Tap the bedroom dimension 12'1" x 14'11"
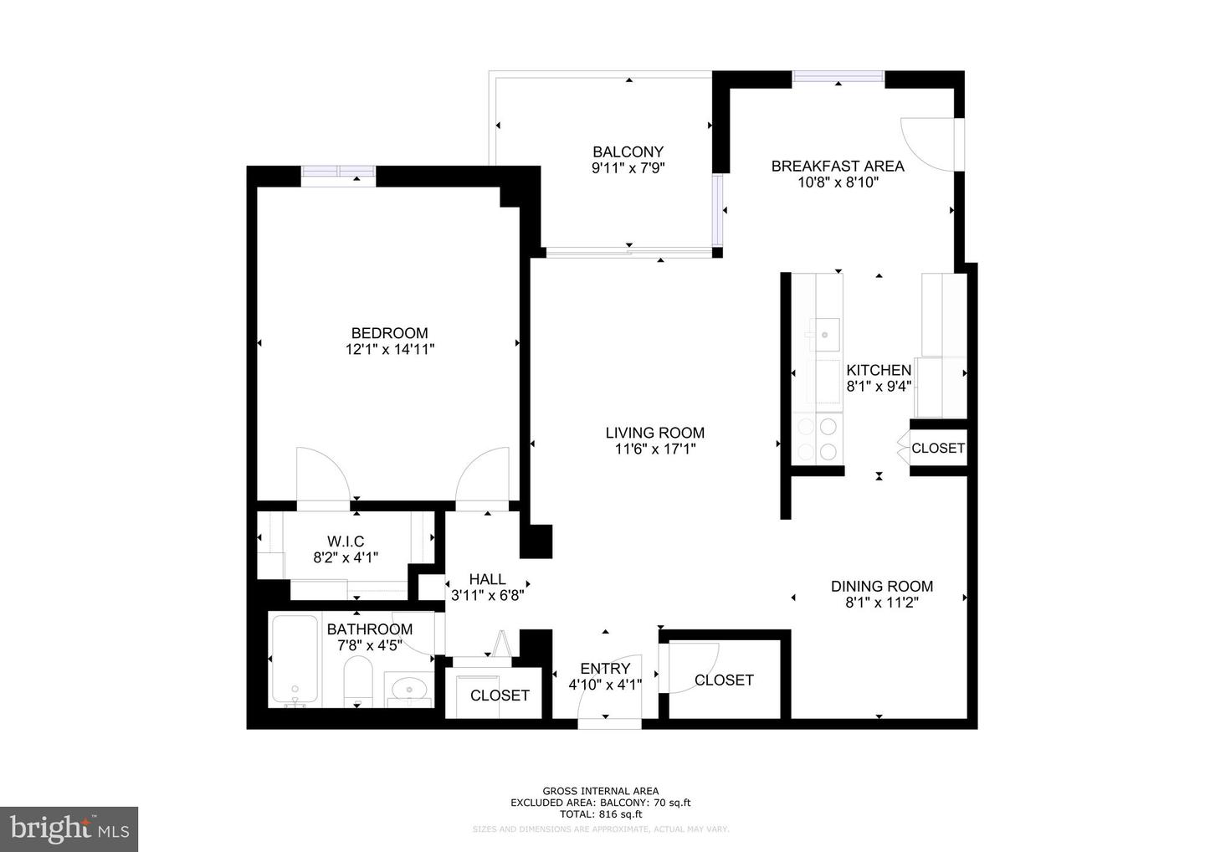389,350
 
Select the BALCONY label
628,151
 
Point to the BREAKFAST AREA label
837,166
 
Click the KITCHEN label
878,370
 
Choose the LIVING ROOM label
654,433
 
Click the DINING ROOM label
881,586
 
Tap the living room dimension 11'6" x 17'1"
654,449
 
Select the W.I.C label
346,541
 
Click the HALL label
487,579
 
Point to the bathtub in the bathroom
295,660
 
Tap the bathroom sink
409,688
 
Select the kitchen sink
824,334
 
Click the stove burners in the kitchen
818,439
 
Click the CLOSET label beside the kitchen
937,448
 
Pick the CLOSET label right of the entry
724,680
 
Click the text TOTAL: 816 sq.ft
600,814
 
